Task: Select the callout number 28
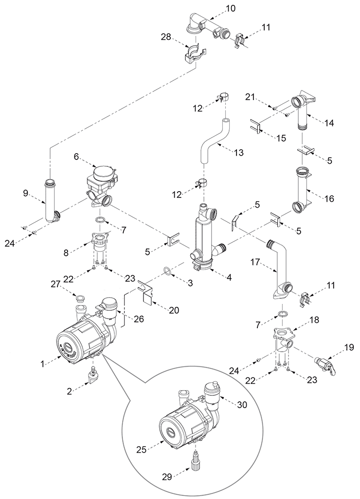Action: tap(166, 37)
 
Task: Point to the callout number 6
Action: tap(76, 157)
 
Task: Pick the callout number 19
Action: tap(349, 347)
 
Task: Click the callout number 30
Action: tap(242, 405)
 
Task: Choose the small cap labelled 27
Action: tap(80, 299)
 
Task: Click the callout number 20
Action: tap(174, 310)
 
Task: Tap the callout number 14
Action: tap(329, 123)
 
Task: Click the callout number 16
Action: tap(329, 198)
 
